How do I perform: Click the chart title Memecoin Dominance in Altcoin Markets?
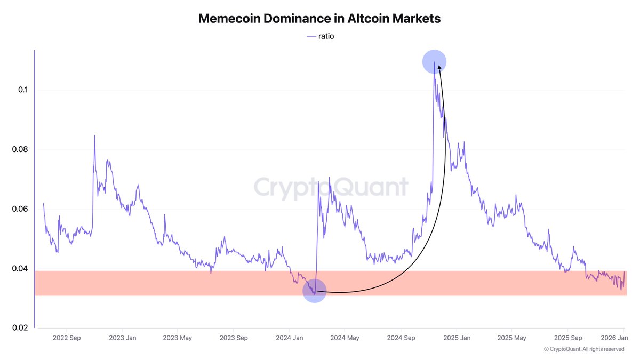319,18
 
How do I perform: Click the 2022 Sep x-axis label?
66,338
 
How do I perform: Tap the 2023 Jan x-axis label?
123,338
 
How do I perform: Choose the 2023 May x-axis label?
178,338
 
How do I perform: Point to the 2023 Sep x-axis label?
234,338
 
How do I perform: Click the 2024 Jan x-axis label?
290,338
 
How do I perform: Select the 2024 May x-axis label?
345,338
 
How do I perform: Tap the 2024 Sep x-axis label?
401,338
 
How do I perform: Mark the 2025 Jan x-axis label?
457,338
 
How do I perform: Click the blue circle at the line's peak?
434,62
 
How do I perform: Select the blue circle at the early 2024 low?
314,291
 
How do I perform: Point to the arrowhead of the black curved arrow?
439,68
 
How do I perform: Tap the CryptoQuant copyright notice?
584,349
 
